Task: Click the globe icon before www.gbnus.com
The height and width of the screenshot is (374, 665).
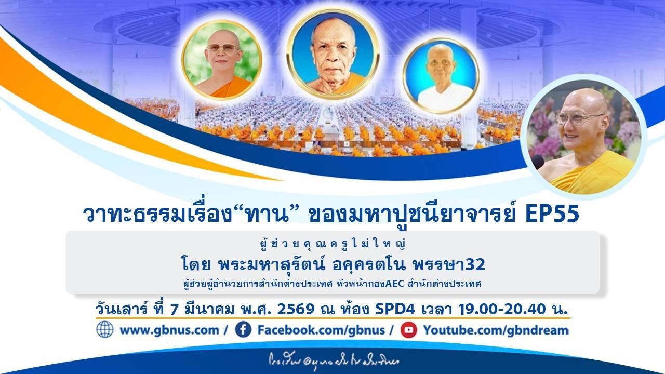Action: pyautogui.click(x=104, y=329)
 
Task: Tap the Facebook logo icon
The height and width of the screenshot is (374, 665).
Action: pyautogui.click(x=243, y=329)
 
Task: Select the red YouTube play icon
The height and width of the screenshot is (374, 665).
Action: pyautogui.click(x=409, y=329)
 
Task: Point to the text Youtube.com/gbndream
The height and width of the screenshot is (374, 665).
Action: pyautogui.click(x=496, y=330)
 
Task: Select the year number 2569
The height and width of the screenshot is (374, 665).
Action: pyautogui.click(x=296, y=309)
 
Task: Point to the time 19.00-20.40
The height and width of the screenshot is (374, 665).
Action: pyautogui.click(x=503, y=309)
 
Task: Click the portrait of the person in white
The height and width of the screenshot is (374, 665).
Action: pyautogui.click(x=441, y=76)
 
